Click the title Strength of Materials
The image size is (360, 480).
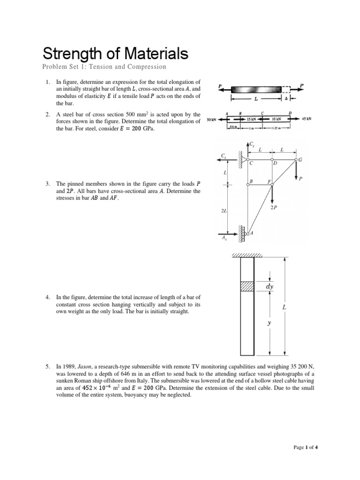pos(115,53)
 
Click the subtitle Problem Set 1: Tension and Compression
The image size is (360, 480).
pos(104,67)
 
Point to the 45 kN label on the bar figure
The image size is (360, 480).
pos(307,119)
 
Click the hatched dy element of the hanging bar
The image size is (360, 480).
pos(247,285)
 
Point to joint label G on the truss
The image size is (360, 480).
pos(300,160)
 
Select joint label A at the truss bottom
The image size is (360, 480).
pos(251,232)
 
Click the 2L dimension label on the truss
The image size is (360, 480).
pos(224,211)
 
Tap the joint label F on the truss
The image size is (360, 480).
pos(269,181)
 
